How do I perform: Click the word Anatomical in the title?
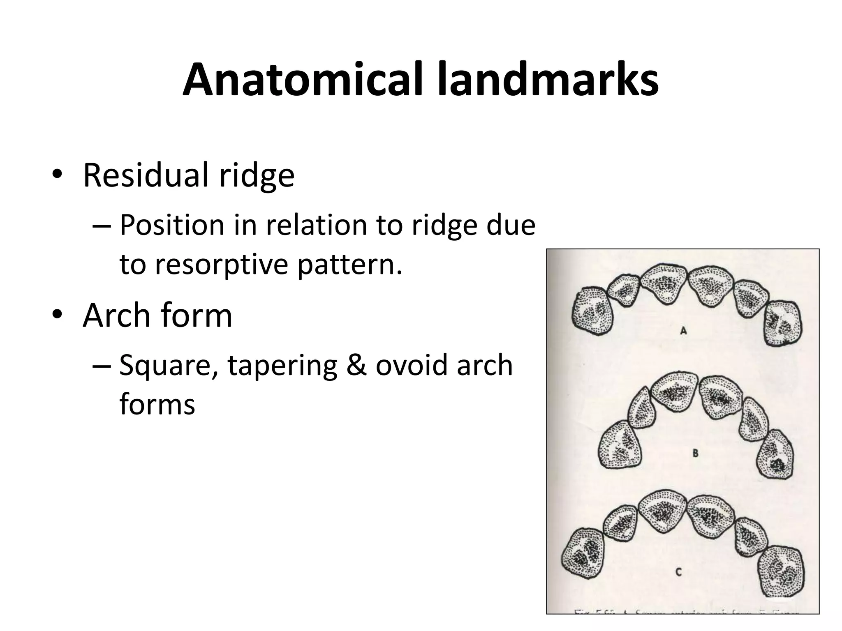pyautogui.click(x=302, y=80)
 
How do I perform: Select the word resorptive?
pyautogui.click(x=222, y=265)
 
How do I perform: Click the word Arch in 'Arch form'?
pyautogui.click(x=116, y=315)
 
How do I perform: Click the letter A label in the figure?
pyautogui.click(x=683, y=330)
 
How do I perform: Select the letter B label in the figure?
pyautogui.click(x=695, y=454)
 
